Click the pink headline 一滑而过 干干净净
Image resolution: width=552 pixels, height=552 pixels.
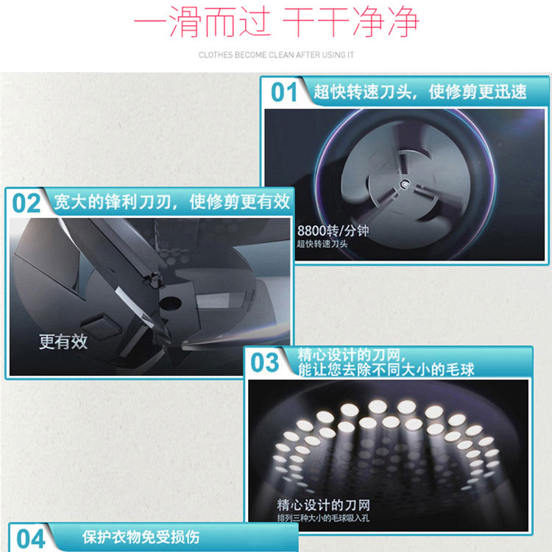pyautogui.click(x=276, y=22)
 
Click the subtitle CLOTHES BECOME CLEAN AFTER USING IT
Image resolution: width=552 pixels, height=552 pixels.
pyautogui.click(x=276, y=55)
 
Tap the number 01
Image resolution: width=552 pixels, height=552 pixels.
pyautogui.click(x=284, y=92)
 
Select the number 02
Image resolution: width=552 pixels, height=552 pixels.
pyautogui.click(x=26, y=203)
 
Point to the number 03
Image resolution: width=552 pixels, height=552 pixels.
pyautogui.click(x=264, y=363)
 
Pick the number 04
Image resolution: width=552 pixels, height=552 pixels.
pyautogui.click(x=31, y=539)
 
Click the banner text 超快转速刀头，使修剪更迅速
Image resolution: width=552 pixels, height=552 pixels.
pyautogui.click(x=420, y=92)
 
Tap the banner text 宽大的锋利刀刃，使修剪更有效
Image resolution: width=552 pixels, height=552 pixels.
pyautogui.click(x=172, y=202)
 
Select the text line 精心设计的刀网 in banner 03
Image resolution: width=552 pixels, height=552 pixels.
pyautogui.click(x=350, y=355)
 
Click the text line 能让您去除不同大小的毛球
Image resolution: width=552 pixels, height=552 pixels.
pyautogui.click(x=386, y=369)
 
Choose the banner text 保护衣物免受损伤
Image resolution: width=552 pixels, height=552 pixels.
pyautogui.click(x=141, y=537)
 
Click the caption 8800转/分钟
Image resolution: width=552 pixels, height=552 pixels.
pyautogui.click(x=333, y=231)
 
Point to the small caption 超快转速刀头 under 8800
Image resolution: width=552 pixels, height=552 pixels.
pyautogui.click(x=322, y=244)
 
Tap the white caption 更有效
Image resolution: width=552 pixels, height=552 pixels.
pyautogui.click(x=63, y=342)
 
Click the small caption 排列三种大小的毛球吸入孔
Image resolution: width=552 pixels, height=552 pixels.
pyautogui.click(x=323, y=518)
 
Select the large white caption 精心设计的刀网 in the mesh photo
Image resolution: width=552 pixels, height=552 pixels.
pyautogui.click(x=323, y=505)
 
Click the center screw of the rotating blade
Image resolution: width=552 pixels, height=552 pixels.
pyautogui.click(x=404, y=183)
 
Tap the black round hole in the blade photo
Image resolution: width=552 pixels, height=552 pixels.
pyautogui.click(x=171, y=303)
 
